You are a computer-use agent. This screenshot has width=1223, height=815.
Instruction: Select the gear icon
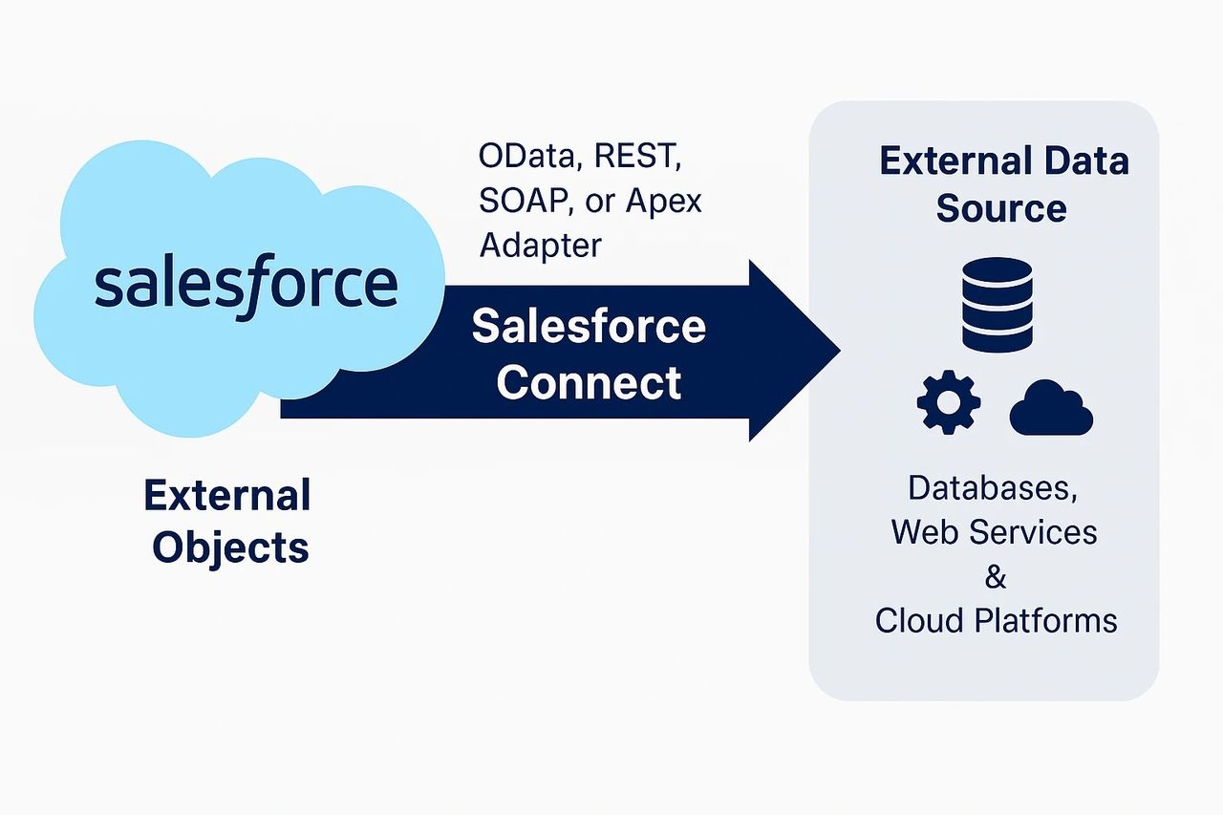(948, 402)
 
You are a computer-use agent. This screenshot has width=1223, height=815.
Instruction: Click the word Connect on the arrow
(589, 382)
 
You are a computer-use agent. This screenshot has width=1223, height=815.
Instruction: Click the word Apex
(663, 201)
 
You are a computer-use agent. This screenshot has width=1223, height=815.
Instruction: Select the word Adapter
(541, 245)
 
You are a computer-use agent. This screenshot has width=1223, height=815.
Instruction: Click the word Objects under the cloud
(230, 547)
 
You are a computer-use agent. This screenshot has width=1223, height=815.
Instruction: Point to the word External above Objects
(227, 496)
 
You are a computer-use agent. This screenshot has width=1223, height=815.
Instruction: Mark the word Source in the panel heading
(1001, 207)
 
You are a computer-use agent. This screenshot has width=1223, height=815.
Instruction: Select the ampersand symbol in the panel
(996, 577)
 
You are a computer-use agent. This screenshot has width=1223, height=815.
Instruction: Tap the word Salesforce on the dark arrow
(589, 327)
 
